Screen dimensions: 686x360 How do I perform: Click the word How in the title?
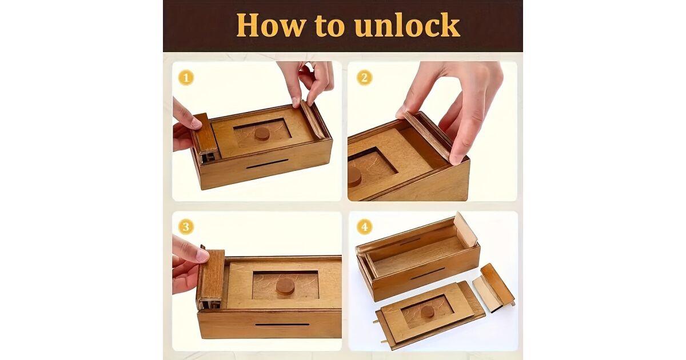[271, 25]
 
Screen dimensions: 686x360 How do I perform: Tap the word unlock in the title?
[407, 25]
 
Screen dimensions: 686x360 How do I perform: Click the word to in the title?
[330, 26]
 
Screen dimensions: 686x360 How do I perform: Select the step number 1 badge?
[186, 78]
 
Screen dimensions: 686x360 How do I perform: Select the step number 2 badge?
[364, 78]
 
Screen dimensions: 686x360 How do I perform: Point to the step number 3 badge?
[186, 227]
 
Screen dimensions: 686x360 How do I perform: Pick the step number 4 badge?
[365, 227]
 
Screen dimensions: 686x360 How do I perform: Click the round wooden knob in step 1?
[262, 134]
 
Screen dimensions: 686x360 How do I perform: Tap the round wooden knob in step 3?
[285, 286]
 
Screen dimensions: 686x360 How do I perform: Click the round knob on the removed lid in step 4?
[427, 312]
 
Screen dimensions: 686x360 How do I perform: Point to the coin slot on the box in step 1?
[267, 164]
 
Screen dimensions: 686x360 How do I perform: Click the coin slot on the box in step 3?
[282, 325]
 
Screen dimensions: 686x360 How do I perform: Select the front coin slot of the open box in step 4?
[428, 273]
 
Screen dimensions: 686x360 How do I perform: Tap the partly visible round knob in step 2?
[354, 177]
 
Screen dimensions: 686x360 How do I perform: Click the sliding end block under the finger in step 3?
[211, 279]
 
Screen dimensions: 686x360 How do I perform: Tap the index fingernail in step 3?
[202, 255]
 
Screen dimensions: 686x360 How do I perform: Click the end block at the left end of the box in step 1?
[205, 137]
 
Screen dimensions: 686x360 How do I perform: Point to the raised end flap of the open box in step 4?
[465, 230]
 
